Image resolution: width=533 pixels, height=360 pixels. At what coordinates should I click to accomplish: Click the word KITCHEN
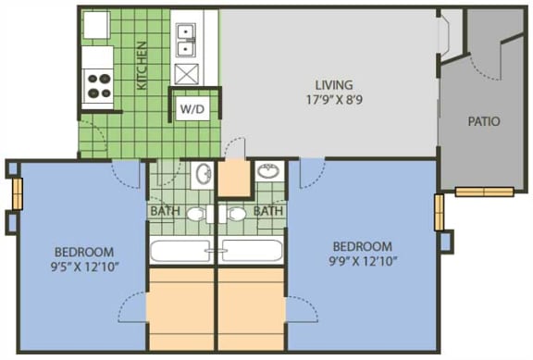[x=142, y=66]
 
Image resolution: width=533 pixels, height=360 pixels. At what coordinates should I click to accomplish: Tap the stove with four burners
[x=97, y=86]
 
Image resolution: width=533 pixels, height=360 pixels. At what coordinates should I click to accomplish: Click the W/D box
[x=192, y=108]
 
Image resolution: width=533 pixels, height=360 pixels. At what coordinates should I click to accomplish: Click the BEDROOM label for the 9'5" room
[x=83, y=252]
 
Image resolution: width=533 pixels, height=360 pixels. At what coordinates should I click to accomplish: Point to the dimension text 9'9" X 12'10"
[x=362, y=262]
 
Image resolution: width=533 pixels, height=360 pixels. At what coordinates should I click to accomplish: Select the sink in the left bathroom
[x=204, y=174]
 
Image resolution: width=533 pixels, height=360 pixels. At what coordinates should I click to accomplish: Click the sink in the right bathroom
[x=268, y=171]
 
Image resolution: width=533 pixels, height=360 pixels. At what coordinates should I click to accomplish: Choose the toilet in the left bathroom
[x=196, y=215]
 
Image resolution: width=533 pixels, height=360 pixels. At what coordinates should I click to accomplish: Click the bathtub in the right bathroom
[x=252, y=251]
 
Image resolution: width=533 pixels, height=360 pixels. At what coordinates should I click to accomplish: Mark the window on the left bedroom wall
[x=17, y=193]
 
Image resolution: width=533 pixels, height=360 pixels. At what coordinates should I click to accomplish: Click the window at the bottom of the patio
[x=484, y=192]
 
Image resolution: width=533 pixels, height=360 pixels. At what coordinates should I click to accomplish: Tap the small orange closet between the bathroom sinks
[x=235, y=177]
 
